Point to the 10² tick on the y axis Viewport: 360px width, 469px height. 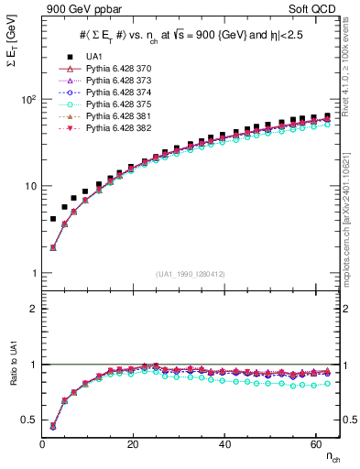27,99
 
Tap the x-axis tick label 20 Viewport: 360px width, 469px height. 134,444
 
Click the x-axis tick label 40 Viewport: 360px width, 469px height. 224,444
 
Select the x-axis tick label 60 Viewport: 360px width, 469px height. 315,444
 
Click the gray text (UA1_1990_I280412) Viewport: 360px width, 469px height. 191,274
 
